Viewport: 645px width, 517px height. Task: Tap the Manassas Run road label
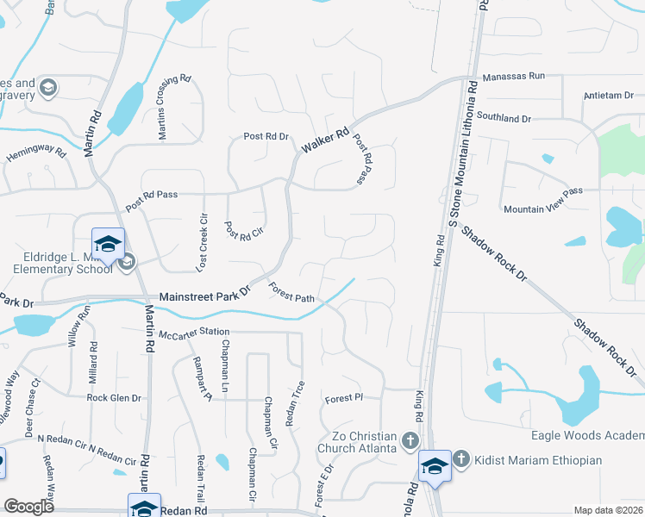[513, 76]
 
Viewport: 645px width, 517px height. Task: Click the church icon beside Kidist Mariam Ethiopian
[461, 458]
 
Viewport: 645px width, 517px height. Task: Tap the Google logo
[28, 507]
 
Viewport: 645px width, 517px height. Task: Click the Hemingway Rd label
[35, 155]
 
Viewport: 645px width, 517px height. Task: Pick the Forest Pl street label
[340, 399]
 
